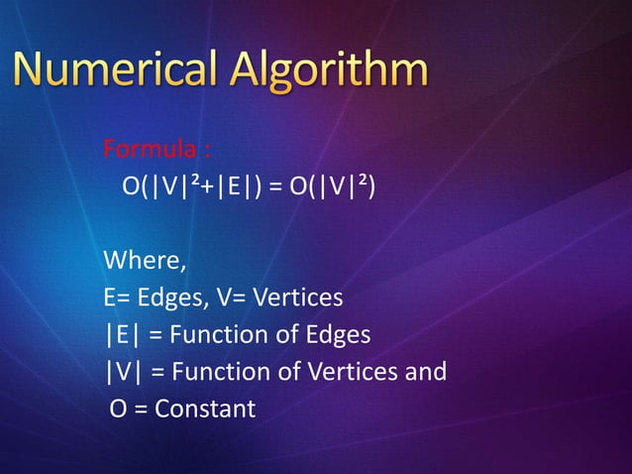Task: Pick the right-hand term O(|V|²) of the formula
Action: (x=331, y=188)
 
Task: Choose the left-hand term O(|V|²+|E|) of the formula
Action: (x=193, y=188)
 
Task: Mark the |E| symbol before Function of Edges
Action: (x=122, y=335)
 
